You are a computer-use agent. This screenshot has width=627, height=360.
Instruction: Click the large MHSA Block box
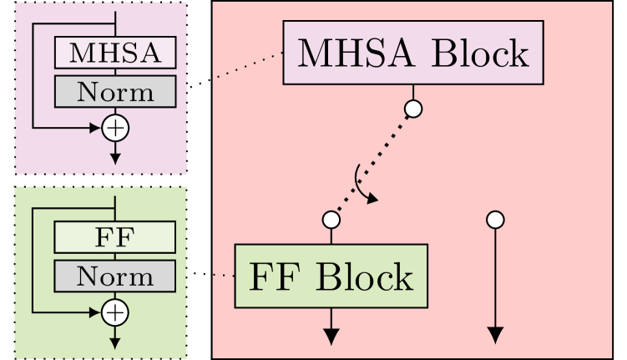point(413,53)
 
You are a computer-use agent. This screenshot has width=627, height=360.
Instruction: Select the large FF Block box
point(331,276)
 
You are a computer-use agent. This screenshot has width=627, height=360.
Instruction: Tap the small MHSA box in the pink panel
point(115,53)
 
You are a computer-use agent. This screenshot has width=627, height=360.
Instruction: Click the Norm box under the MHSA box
point(115,91)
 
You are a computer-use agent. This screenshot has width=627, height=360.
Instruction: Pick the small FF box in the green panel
point(115,237)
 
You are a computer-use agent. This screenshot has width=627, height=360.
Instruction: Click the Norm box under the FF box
point(115,276)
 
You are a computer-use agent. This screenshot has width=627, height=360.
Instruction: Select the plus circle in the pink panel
point(115,128)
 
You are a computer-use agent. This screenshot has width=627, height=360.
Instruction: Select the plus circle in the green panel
point(115,312)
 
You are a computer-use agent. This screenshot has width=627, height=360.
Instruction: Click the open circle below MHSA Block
point(413,109)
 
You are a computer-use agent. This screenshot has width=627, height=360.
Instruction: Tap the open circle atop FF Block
point(331,220)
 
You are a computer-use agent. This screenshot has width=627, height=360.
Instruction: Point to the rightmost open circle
point(495,220)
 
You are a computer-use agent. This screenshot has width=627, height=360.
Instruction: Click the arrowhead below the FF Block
point(331,336)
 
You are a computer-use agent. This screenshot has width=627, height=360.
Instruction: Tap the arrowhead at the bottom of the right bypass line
point(495,336)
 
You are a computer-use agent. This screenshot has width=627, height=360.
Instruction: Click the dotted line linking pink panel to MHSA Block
point(249,65)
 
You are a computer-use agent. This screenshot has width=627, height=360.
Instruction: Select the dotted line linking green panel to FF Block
point(223,275)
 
